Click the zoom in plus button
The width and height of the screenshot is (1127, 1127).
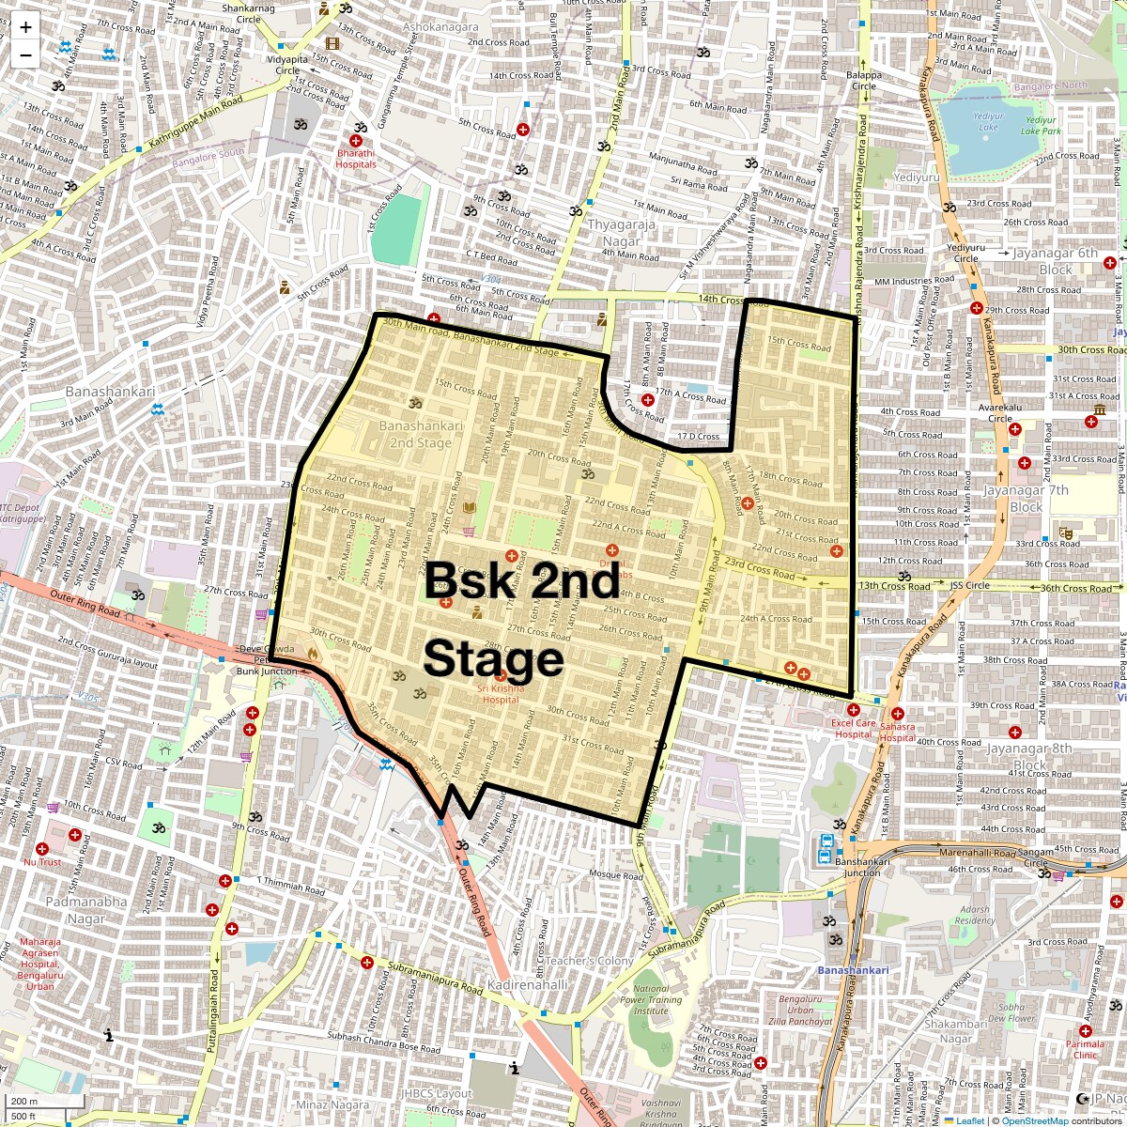[x=25, y=27]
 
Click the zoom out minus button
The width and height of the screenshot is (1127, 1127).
[x=25, y=55]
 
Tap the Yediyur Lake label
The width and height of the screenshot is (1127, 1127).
[x=988, y=121]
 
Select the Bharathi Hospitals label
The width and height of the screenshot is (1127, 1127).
[x=356, y=159]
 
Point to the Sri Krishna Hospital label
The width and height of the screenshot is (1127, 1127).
[x=498, y=693]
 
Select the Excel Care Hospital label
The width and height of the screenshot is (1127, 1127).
[x=853, y=729]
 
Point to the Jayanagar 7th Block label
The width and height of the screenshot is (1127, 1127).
[x=1026, y=499]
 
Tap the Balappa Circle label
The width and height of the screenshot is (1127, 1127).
[x=863, y=80]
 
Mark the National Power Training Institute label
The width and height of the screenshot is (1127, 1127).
[x=651, y=999]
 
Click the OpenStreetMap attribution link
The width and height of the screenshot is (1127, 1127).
[x=1034, y=1120]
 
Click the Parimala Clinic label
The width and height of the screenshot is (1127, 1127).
[x=1085, y=1049]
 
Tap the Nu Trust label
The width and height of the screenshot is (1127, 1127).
[x=42, y=861]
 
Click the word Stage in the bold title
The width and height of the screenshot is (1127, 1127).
[x=493, y=659]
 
